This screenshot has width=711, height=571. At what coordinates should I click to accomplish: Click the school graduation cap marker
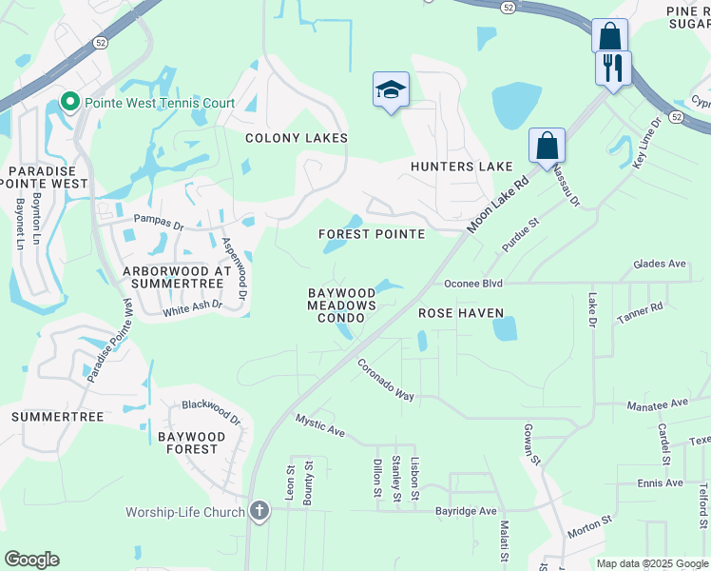click(x=391, y=89)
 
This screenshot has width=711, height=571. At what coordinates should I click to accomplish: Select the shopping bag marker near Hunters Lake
click(x=547, y=146)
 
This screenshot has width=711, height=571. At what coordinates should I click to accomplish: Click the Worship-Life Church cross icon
click(x=258, y=512)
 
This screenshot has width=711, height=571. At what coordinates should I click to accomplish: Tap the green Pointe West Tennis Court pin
click(x=69, y=102)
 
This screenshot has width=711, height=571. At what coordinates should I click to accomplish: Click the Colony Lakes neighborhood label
click(x=297, y=138)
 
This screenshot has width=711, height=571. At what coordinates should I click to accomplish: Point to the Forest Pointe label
click(x=371, y=234)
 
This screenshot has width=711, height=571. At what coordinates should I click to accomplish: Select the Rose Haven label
click(x=461, y=312)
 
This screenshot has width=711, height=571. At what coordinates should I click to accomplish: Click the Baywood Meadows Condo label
click(x=341, y=305)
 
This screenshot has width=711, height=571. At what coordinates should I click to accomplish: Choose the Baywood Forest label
click(x=192, y=443)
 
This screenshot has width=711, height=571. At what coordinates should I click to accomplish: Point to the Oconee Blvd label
click(x=472, y=284)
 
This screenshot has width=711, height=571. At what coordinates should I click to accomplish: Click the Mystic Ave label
click(x=319, y=424)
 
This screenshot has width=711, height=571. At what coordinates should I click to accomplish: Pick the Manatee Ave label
click(x=656, y=404)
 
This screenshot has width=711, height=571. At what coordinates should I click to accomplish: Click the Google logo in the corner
click(x=31, y=560)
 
